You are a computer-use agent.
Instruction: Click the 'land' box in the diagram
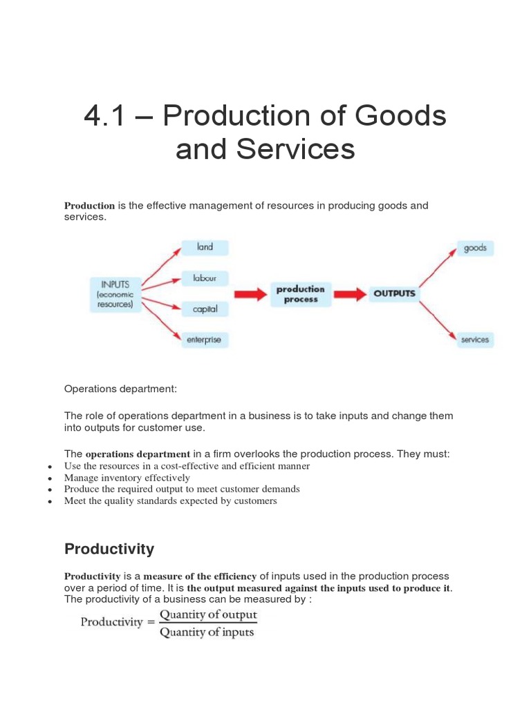pos(205,247)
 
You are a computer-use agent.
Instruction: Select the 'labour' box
pos(205,279)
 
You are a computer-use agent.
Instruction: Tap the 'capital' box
pos(205,309)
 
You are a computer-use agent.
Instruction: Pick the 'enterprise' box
pos(204,340)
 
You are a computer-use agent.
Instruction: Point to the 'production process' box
pos(300,294)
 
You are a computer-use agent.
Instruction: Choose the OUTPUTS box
pos(394,293)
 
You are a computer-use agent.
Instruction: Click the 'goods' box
pos(475,248)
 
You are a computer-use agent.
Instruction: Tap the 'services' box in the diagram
pos(475,339)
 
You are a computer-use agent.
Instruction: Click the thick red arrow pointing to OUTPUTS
pos(351,294)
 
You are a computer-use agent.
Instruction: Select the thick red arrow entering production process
pos(250,294)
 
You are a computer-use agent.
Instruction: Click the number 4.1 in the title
pos(107,117)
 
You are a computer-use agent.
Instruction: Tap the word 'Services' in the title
pos(297,149)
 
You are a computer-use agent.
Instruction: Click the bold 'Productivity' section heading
pos(109,549)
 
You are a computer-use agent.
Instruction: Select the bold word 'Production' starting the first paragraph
pos(89,206)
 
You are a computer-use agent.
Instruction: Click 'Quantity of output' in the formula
pos(208,614)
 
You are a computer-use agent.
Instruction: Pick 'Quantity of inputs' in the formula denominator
pos(207,632)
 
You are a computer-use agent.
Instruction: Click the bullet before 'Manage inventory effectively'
pos(50,478)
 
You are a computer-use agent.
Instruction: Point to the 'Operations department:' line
pos(120,389)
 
